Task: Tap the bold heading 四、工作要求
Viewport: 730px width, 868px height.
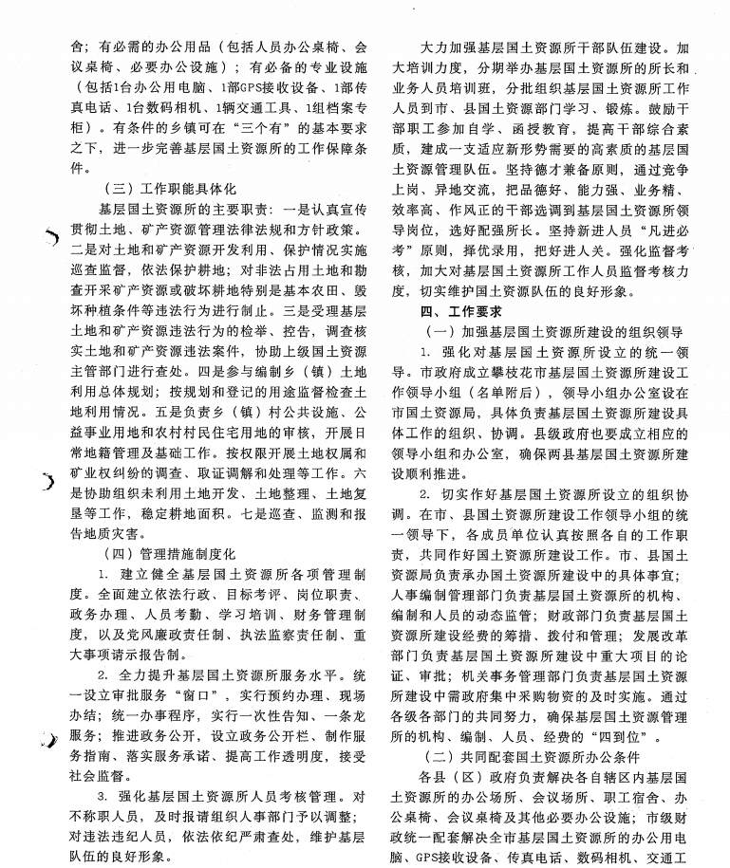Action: click(461, 310)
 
